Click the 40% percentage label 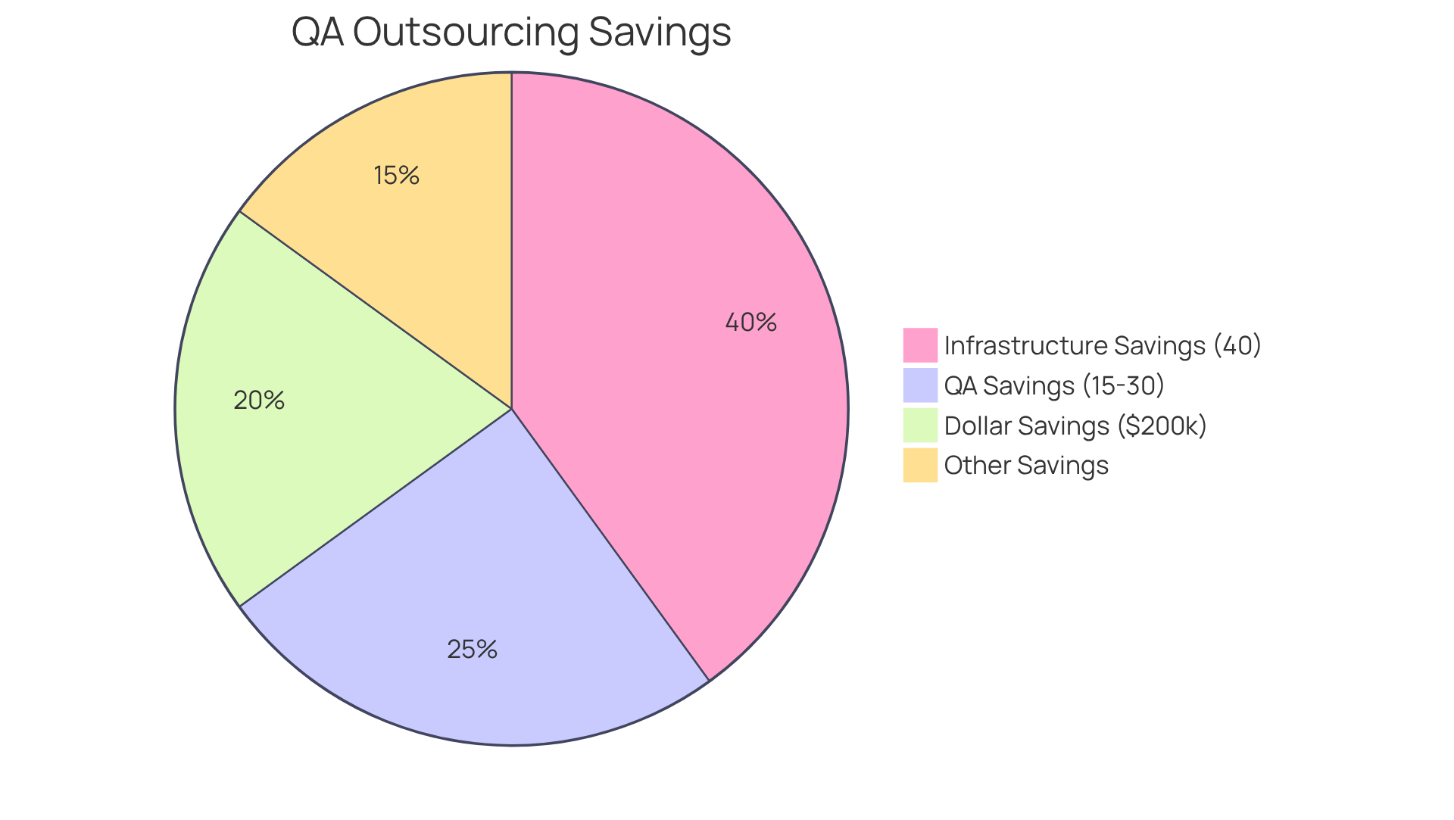(750, 323)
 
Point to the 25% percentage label (472, 650)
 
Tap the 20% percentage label (259, 401)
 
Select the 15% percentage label (396, 176)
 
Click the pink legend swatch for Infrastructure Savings (920, 345)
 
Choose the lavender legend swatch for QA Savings (920, 385)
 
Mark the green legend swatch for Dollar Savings (920, 426)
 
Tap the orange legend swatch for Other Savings (920, 465)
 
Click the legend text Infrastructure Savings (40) (1103, 345)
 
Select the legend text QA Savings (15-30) (1054, 385)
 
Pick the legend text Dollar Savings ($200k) (1075, 426)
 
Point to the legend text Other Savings (1026, 465)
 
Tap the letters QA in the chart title (317, 32)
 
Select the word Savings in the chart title (659, 32)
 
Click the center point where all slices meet (512, 409)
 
